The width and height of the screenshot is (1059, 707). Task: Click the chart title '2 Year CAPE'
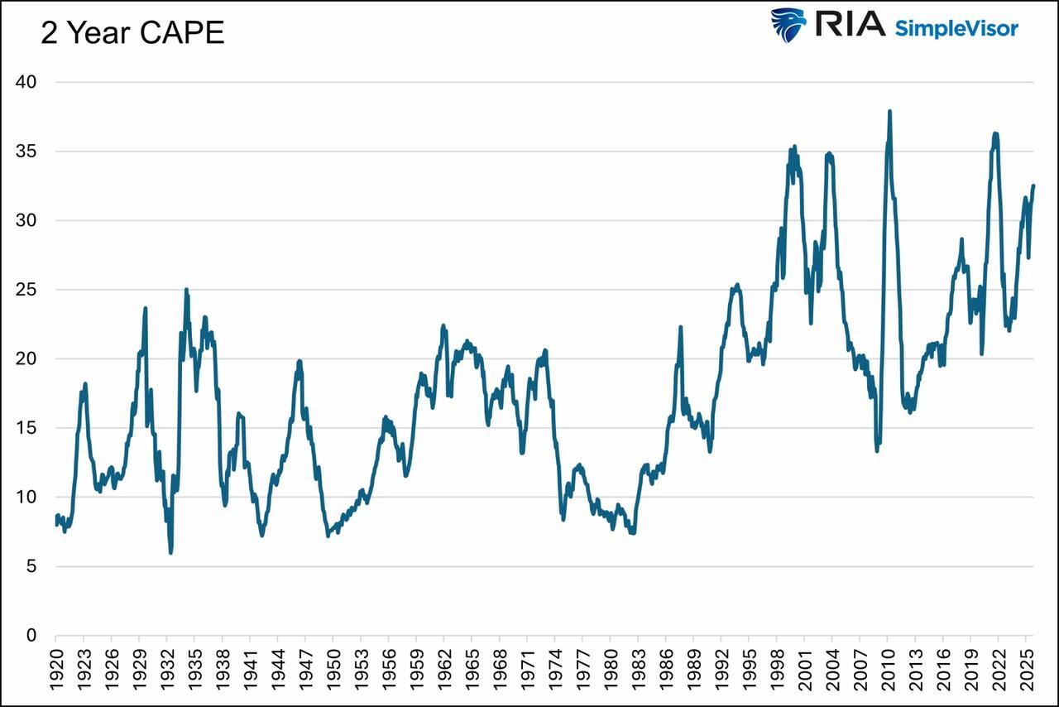pos(132,33)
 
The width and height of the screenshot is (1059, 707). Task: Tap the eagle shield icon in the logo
pos(788,25)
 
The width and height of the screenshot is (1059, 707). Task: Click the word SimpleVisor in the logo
pos(956,27)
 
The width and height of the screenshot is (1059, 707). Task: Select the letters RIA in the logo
pos(850,24)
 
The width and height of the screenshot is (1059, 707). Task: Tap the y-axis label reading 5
pos(31,566)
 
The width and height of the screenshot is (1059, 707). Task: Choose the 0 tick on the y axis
pos(31,636)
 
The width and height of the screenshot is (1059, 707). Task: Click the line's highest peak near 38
pos(889,111)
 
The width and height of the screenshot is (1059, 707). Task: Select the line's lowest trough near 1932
pos(170,552)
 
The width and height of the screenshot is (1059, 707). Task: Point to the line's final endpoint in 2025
pos(1033,186)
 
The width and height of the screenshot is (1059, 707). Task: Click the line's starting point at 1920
pos(56,520)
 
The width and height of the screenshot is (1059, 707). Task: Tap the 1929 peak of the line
pos(146,308)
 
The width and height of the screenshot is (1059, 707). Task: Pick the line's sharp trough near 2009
pos(877,451)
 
